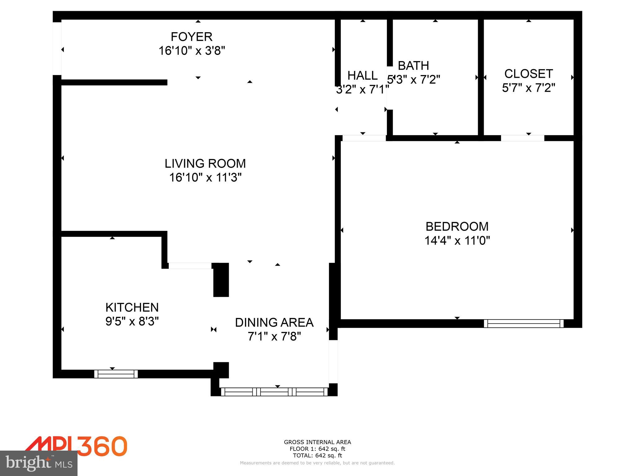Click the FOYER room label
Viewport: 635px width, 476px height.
point(191,37)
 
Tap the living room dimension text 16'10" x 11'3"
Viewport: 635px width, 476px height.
point(205,178)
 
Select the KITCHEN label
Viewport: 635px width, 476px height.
point(132,307)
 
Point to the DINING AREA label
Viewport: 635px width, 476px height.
point(274,323)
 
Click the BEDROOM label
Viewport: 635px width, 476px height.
point(457,227)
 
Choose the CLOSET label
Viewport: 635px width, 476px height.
point(528,74)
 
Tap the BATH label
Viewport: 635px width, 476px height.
point(413,66)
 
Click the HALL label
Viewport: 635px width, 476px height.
point(362,76)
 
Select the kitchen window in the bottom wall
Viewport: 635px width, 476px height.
point(116,374)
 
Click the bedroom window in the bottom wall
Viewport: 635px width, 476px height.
point(524,324)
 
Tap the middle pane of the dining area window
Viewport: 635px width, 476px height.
point(274,392)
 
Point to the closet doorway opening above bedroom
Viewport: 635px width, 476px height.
point(522,138)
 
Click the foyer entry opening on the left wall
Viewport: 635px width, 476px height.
point(57,49)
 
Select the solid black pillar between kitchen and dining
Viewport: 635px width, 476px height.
point(221,280)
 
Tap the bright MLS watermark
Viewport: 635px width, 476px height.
point(39,463)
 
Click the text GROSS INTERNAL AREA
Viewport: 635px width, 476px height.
point(317,442)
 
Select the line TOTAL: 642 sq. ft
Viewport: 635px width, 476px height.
point(317,456)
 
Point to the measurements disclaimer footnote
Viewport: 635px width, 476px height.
point(317,463)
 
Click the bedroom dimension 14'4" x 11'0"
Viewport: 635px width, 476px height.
point(457,240)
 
